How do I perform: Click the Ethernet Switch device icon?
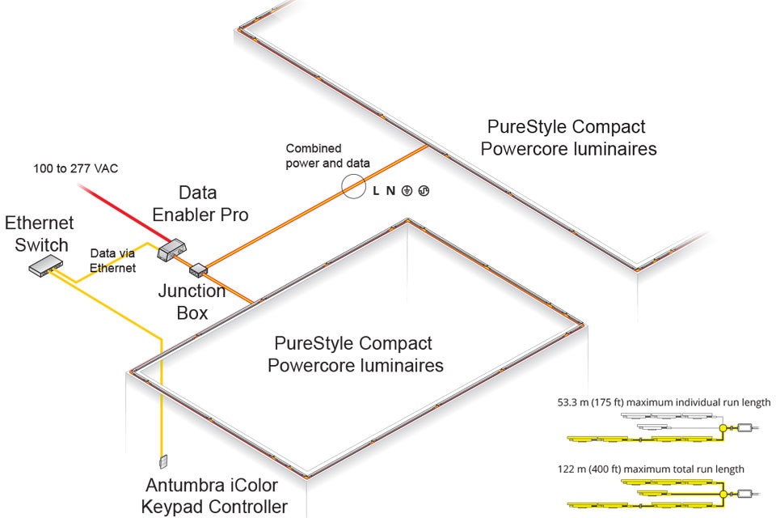pos(45,263)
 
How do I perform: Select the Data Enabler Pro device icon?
pos(173,249)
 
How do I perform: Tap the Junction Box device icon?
pos(199,269)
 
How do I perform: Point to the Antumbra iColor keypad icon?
pos(163,461)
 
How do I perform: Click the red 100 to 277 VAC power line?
pos(121,213)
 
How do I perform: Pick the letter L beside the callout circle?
pos(376,191)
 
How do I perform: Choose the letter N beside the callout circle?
pos(390,191)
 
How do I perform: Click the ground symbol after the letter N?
pos(407,191)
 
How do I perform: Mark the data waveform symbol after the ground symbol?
pos(423,191)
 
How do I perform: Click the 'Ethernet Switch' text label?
pos(39,233)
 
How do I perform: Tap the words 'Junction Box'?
pos(192,301)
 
